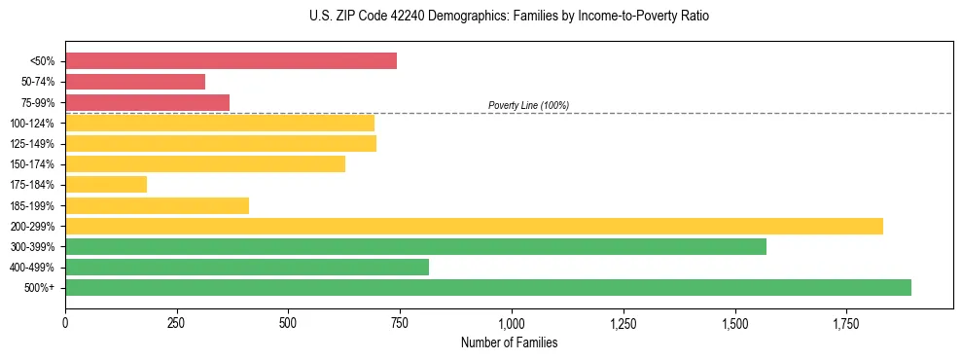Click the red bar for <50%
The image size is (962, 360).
point(231,60)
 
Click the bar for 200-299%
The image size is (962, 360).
point(474,226)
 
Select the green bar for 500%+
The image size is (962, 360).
point(488,287)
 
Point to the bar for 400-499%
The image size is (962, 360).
point(247,267)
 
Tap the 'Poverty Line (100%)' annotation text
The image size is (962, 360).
point(528,105)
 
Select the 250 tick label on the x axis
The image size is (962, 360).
point(176,323)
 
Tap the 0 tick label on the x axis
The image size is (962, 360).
point(65,323)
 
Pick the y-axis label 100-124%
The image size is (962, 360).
point(32,124)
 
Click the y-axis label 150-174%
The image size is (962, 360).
point(32,164)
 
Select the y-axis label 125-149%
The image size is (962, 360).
point(32,144)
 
